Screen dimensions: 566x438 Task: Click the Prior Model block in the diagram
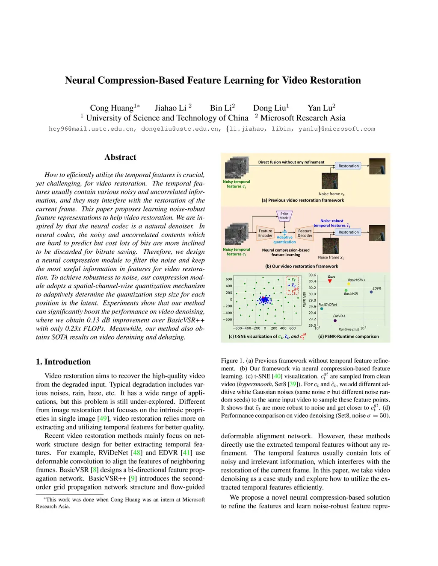click(284, 216)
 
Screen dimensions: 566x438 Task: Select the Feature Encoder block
click(265, 233)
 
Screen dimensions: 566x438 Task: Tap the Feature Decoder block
click(305, 233)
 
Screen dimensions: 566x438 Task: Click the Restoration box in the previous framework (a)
click(349, 166)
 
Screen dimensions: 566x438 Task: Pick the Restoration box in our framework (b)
click(349, 232)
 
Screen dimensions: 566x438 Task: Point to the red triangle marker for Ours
click(330, 281)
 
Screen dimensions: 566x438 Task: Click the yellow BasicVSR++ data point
click(349, 284)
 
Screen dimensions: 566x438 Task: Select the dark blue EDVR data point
click(371, 292)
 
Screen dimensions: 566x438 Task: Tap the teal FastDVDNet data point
click(322, 308)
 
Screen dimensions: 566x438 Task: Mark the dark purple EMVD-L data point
click(335, 320)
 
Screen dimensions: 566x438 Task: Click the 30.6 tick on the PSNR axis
click(312, 275)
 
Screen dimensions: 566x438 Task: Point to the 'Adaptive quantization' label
click(284, 240)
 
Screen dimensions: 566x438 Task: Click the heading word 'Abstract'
click(120, 157)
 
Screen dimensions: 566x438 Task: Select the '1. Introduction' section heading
click(63, 362)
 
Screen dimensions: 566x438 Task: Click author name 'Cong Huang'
click(112, 108)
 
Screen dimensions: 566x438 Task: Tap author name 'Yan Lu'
click(320, 108)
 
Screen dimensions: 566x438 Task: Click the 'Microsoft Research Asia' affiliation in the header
click(303, 118)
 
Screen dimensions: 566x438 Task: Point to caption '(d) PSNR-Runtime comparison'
click(349, 337)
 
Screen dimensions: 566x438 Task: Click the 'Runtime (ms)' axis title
click(349, 329)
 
